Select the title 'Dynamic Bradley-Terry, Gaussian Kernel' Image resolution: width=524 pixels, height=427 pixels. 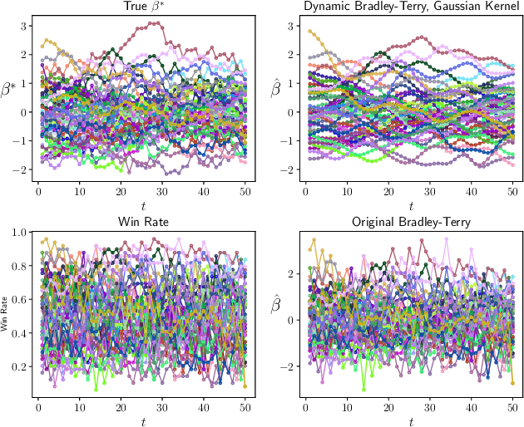[x=410, y=7]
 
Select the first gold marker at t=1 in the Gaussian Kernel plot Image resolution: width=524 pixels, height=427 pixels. [x=309, y=32]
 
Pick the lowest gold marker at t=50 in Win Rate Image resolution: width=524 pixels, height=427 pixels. [x=245, y=386]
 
